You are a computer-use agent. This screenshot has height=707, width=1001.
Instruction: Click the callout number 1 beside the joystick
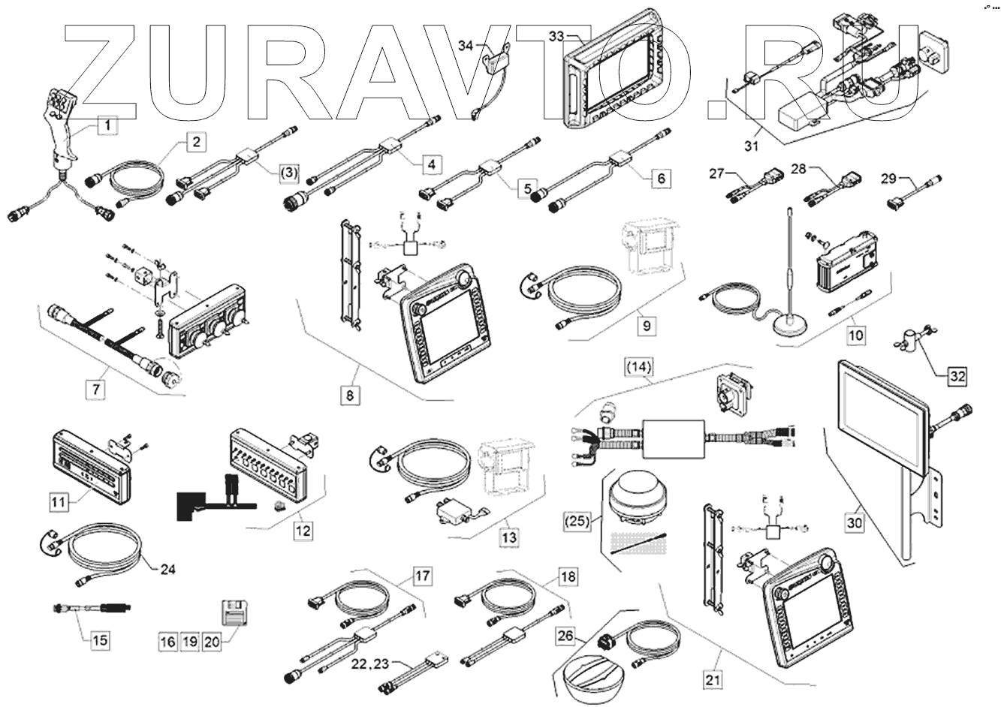tap(107, 126)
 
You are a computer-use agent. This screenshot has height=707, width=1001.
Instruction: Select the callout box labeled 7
tap(95, 390)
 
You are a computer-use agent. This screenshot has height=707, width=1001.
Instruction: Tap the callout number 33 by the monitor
tap(556, 36)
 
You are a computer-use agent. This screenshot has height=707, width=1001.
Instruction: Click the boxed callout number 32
tap(955, 376)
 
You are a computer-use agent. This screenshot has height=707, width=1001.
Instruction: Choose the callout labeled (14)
tap(640, 367)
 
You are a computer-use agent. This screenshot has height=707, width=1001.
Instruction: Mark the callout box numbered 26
tap(565, 636)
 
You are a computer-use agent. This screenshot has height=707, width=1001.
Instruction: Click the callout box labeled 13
tap(509, 537)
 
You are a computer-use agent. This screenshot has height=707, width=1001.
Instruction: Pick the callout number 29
tap(888, 178)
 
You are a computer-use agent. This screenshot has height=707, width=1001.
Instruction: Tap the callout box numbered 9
tap(647, 326)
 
